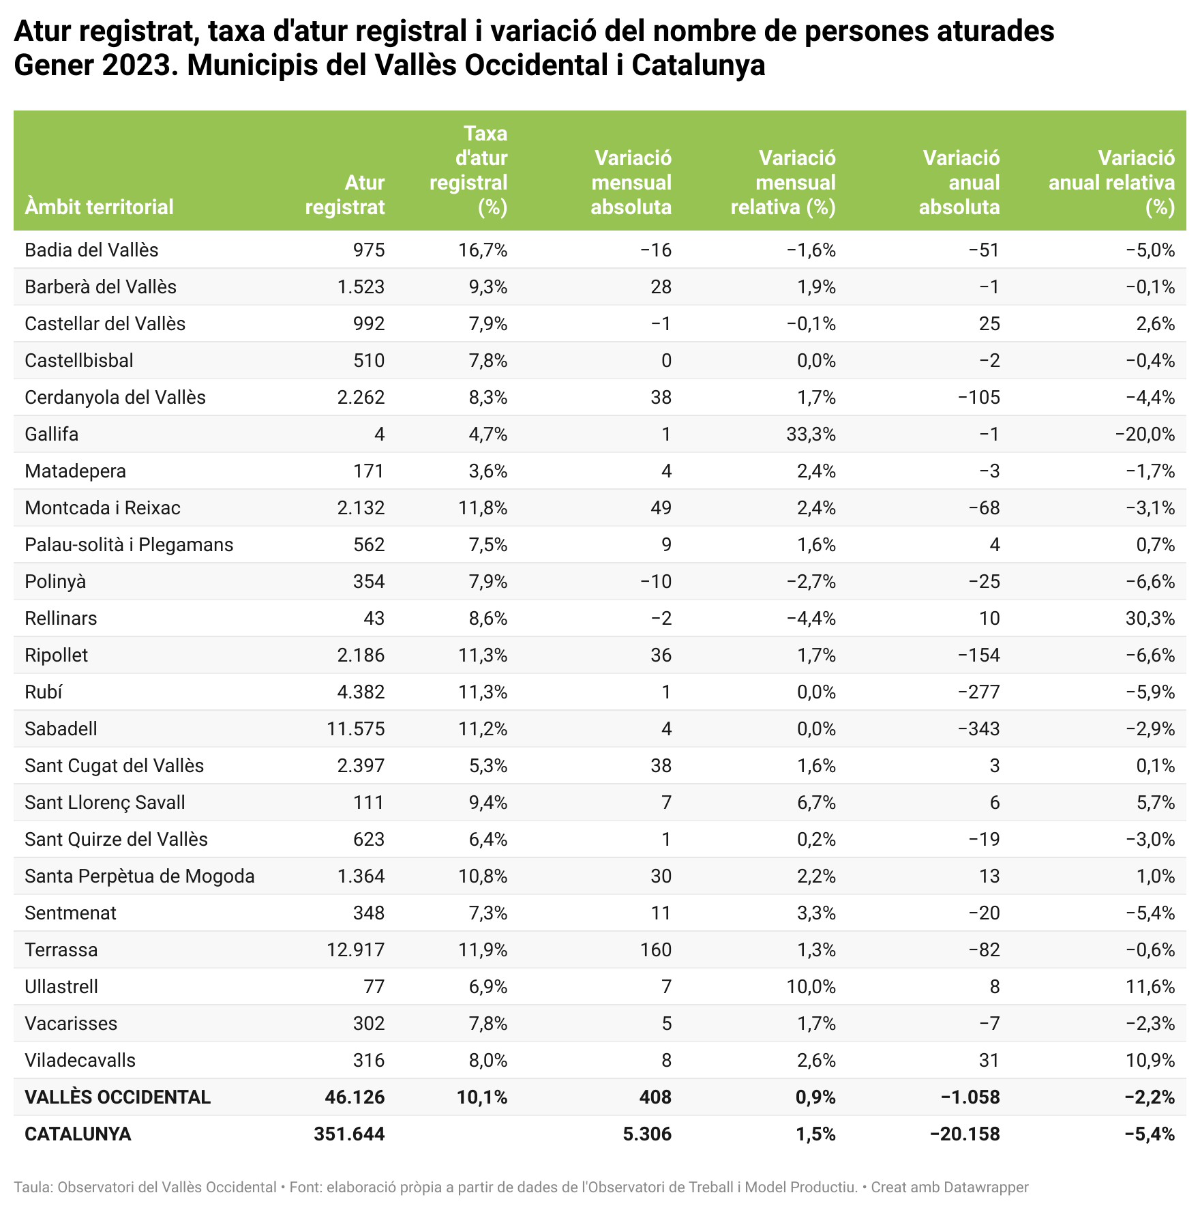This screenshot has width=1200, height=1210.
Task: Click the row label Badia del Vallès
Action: tap(91, 250)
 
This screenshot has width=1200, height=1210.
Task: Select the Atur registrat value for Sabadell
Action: tap(355, 729)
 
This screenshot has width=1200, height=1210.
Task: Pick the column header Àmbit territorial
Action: tap(99, 207)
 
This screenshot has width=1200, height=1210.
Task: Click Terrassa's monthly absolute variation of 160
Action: tap(655, 950)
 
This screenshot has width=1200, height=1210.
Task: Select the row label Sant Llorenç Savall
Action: tap(105, 803)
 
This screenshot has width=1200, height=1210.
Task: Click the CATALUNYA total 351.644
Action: tap(349, 1134)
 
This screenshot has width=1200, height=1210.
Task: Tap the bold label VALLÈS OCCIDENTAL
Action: tap(117, 1097)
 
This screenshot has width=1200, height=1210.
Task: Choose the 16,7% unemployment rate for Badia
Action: tap(483, 250)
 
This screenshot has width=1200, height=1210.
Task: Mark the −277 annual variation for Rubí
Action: tap(978, 692)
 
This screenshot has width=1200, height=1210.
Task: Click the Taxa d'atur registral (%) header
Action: tap(469, 171)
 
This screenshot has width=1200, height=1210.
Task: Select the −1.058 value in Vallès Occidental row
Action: tap(970, 1097)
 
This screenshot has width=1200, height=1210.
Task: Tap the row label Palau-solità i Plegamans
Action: tap(129, 545)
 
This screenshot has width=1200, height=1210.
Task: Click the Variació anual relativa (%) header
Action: tap(1112, 183)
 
